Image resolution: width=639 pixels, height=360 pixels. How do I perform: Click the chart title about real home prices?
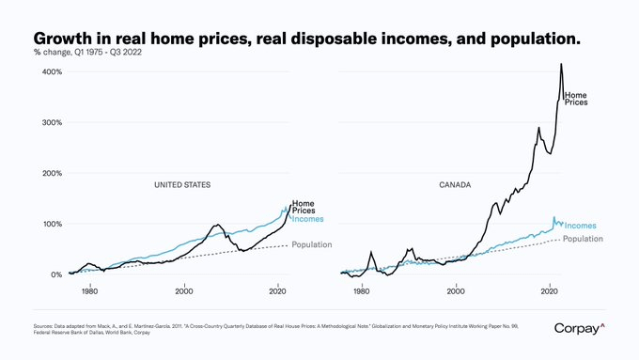tap(306, 37)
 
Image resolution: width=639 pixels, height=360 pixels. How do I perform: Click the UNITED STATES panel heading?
tap(182, 185)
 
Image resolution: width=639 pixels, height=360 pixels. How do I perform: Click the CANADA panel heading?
tap(455, 185)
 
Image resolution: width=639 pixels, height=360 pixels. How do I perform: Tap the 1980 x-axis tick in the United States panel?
tap(90, 291)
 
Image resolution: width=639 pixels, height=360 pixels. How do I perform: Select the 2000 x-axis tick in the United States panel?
tap(184, 291)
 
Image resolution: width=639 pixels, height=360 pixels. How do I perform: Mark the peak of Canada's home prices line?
tap(561, 64)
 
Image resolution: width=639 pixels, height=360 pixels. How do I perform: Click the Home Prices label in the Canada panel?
tap(576, 98)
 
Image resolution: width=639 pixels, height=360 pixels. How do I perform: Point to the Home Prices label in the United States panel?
tap(304, 207)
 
